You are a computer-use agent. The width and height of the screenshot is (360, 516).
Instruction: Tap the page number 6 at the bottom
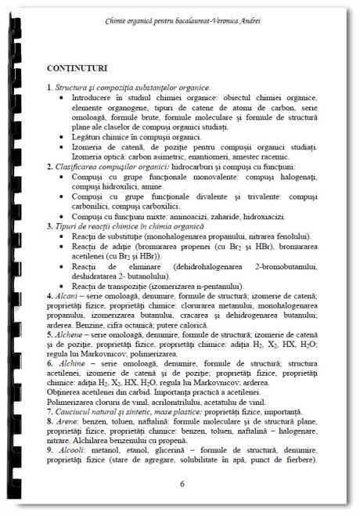182,484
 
